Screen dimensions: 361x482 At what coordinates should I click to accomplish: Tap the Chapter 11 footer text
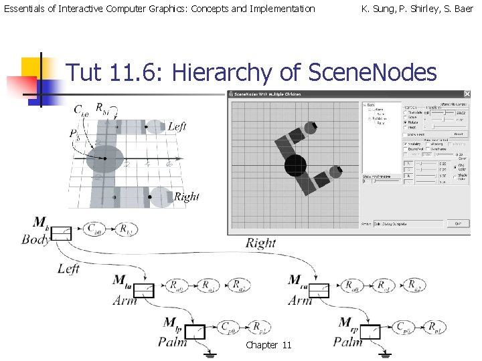click(x=268, y=345)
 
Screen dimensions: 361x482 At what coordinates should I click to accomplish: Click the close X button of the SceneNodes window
click(x=467, y=94)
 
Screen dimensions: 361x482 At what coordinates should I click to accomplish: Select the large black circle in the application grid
click(x=295, y=164)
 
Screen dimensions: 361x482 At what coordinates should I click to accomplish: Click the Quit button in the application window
click(x=458, y=223)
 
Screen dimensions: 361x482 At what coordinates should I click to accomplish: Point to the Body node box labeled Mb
click(x=62, y=233)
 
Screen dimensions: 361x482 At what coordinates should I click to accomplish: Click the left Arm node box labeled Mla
click(x=144, y=290)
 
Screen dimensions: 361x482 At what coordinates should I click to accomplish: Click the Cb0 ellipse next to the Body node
click(x=96, y=229)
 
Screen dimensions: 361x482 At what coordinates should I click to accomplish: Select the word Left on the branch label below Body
click(x=68, y=269)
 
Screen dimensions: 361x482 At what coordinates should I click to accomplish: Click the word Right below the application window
click(x=260, y=243)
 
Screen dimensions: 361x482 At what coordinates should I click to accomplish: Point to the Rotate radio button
click(x=406, y=122)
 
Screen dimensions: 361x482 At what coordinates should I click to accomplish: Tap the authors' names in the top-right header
click(x=416, y=9)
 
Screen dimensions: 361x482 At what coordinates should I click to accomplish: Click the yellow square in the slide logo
click(x=31, y=68)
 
